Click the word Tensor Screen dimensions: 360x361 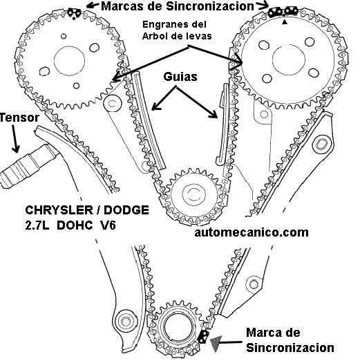(x=19, y=118)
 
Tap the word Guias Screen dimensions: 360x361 (x=180, y=77)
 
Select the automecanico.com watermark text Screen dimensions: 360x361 (x=252, y=232)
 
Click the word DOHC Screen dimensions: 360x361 (x=74, y=225)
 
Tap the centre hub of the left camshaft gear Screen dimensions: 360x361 (x=69, y=61)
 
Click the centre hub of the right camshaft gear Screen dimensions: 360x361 (x=289, y=59)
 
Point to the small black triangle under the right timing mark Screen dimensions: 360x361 (x=285, y=22)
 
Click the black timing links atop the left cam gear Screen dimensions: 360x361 (x=74, y=12)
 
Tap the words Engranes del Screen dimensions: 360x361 (x=174, y=24)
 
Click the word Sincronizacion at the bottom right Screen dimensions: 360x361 (x=290, y=347)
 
